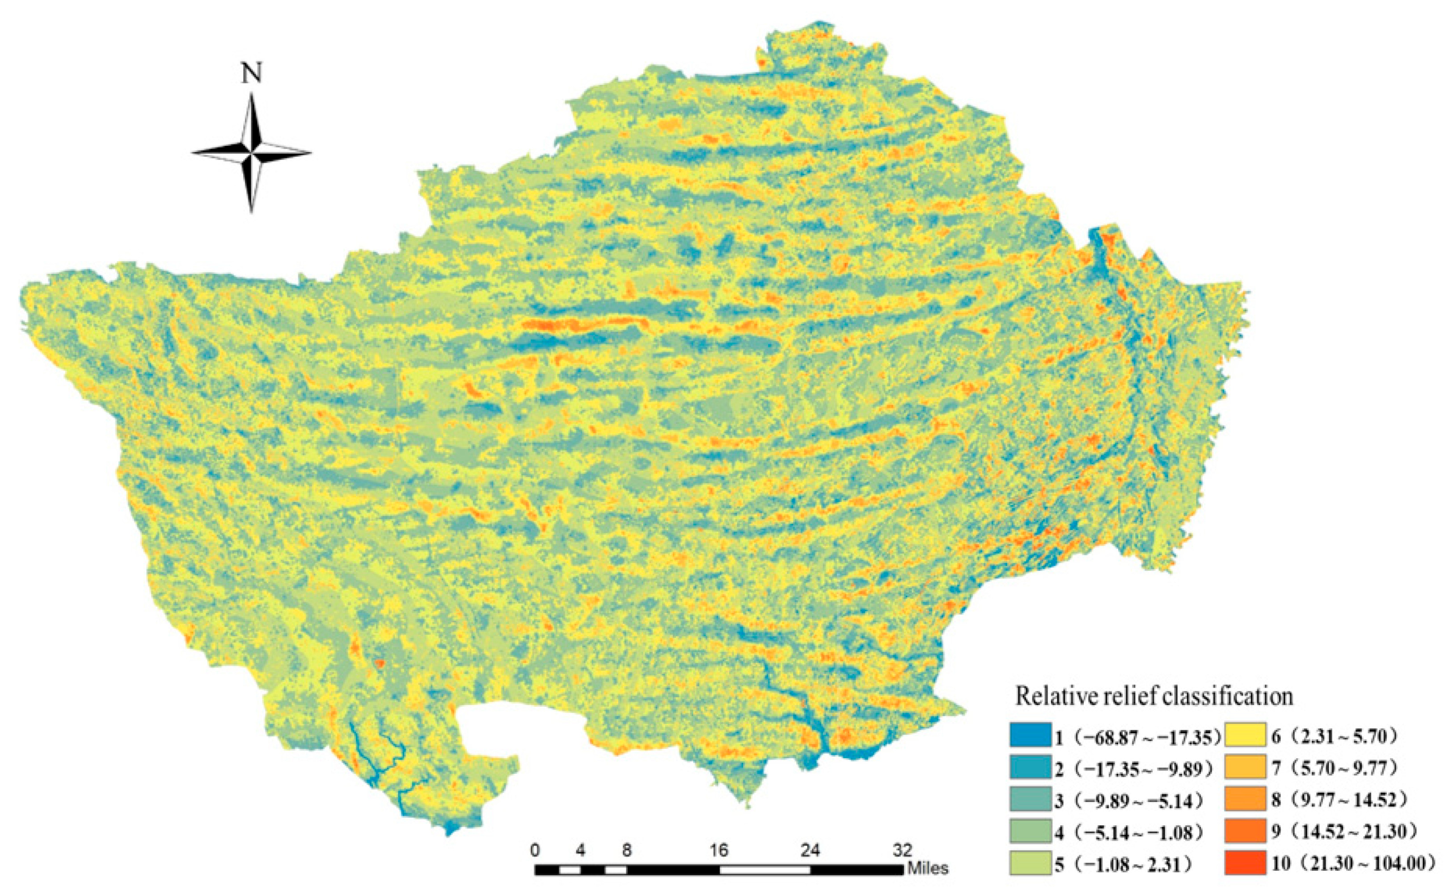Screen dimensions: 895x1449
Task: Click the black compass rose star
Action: click(252, 153)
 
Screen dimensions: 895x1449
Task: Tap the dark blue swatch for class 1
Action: click(1031, 737)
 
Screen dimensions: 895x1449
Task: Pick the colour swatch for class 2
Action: click(1031, 769)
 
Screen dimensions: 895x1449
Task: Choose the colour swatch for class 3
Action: click(1031, 801)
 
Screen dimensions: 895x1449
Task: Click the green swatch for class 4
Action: click(1031, 833)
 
